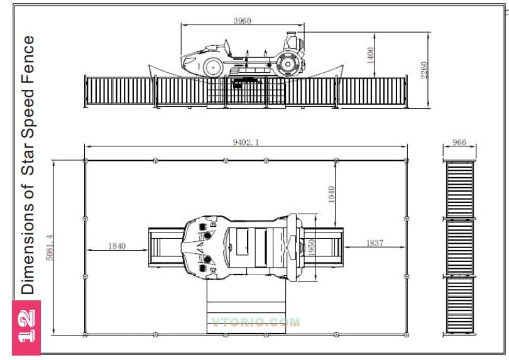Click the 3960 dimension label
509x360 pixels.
tap(242, 21)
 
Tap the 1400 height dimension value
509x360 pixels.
tap(370, 55)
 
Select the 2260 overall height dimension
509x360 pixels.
tap(424, 70)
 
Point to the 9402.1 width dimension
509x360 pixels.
tap(246, 142)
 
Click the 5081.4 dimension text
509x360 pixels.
tap(50, 248)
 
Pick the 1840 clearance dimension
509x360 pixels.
tap(117, 246)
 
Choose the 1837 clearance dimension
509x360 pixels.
tap(375, 243)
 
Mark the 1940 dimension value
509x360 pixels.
tap(331, 194)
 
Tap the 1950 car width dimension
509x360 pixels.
tap(311, 248)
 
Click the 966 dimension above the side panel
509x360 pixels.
tap(459, 142)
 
